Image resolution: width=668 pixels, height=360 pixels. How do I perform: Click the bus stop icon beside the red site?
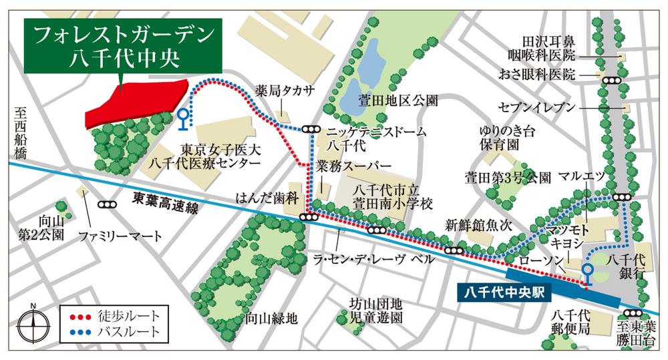(x=182, y=118)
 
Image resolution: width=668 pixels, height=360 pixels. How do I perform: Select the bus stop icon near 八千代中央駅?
(x=587, y=273)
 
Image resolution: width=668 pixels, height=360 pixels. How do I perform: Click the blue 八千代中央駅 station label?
(x=502, y=292)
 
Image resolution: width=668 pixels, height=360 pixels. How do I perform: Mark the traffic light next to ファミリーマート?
(x=106, y=205)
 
